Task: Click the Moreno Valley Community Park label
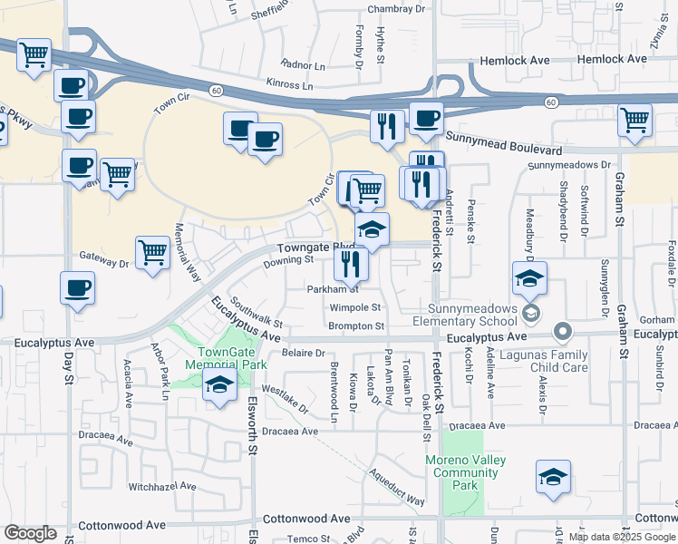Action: (x=465, y=472)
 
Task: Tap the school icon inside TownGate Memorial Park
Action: (x=218, y=384)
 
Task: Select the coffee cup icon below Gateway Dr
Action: (x=77, y=289)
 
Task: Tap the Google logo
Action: (x=30, y=533)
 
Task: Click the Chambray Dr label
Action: (x=395, y=10)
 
